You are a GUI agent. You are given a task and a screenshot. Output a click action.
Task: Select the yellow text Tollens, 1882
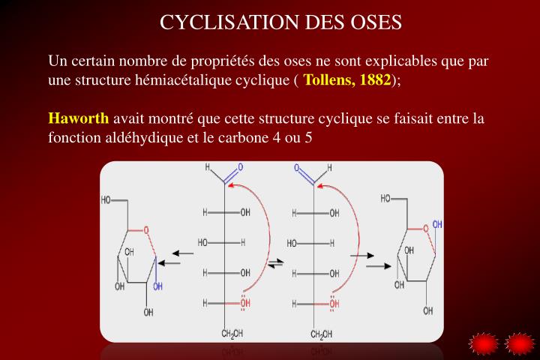[347, 80]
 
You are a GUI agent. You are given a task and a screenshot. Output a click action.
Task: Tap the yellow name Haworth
[78, 118]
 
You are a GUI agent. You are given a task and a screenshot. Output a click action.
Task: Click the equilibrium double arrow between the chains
[277, 262]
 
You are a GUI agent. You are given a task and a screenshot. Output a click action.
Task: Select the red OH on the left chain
[245, 304]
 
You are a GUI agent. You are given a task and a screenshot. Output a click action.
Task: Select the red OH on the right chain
[334, 304]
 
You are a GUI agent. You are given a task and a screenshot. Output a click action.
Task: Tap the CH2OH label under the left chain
[232, 333]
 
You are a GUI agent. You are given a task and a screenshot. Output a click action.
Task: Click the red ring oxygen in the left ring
[146, 230]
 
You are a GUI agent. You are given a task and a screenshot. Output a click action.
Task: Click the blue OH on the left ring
[157, 286]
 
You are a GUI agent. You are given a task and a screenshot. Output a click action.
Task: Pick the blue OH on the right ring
[437, 224]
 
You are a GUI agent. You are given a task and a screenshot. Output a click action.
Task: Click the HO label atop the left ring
[106, 199]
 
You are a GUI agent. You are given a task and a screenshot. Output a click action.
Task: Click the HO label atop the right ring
[386, 199]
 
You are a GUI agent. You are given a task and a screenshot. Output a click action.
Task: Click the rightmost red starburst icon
[519, 344]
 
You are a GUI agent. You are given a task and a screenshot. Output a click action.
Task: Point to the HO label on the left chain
[203, 243]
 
